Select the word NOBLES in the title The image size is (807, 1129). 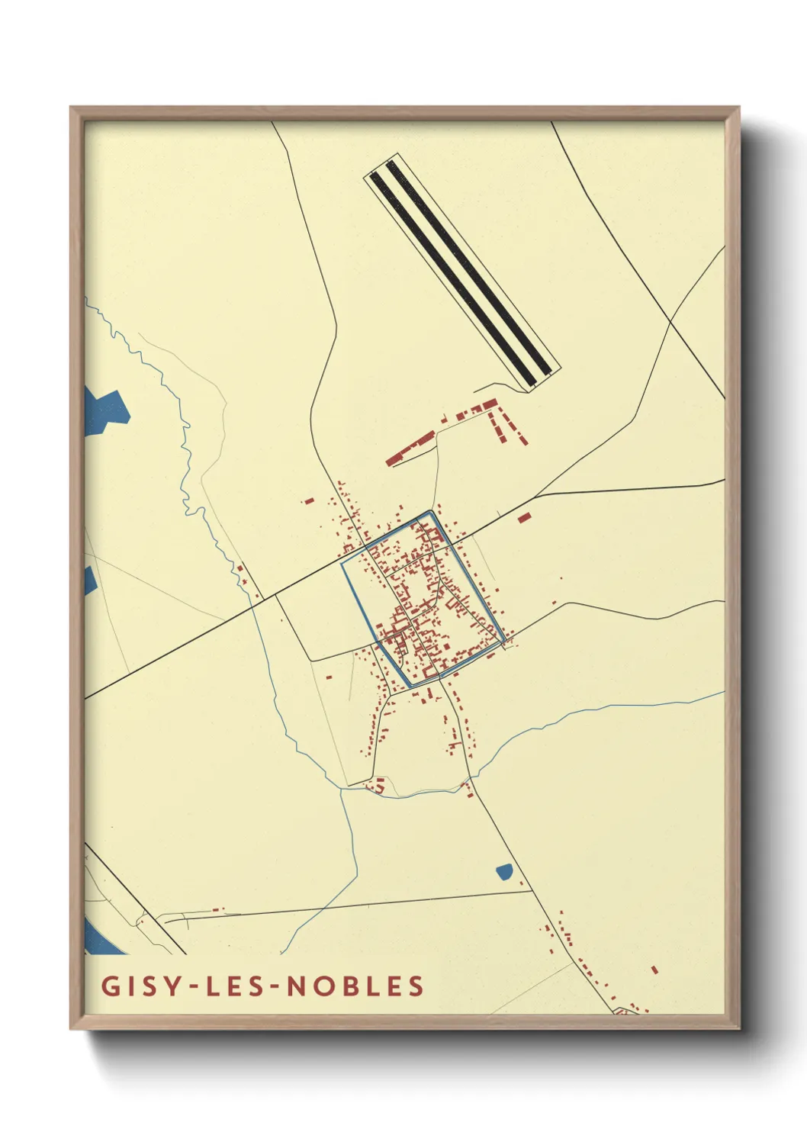[355, 986]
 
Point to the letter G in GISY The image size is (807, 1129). [111, 986]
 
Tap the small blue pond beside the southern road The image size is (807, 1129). [504, 871]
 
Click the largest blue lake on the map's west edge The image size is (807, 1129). [104, 410]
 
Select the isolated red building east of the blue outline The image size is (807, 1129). [524, 518]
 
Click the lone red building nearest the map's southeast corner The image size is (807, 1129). [654, 970]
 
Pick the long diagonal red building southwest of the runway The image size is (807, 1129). [410, 449]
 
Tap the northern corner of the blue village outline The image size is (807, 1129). [432, 512]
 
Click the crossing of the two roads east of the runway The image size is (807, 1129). [670, 323]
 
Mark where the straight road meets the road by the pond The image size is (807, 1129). [531, 890]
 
